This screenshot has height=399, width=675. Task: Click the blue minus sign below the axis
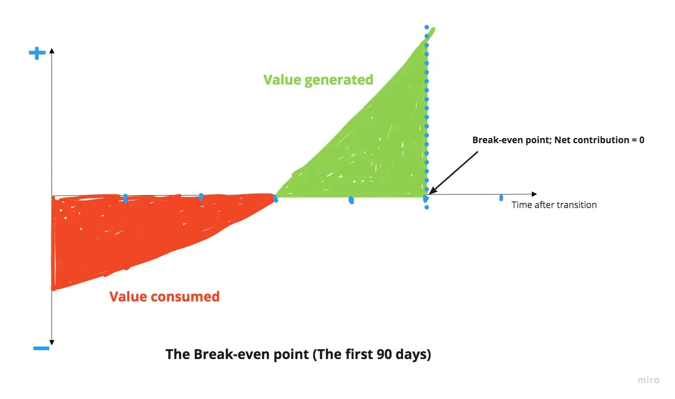(x=41, y=348)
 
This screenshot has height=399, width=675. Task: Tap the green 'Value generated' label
(x=318, y=80)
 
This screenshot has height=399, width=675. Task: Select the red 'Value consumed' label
(x=164, y=297)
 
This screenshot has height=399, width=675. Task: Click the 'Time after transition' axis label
(x=554, y=205)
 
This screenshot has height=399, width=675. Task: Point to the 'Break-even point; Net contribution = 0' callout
(x=558, y=140)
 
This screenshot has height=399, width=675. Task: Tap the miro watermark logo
(x=649, y=380)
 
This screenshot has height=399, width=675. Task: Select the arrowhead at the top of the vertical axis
(x=52, y=50)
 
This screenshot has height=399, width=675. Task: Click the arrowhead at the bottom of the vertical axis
(x=52, y=343)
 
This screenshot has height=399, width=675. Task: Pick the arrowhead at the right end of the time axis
(x=534, y=194)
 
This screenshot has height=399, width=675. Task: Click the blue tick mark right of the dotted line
(x=501, y=198)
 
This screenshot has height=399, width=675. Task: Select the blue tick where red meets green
(x=275, y=199)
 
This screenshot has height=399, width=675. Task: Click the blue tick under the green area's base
(x=351, y=200)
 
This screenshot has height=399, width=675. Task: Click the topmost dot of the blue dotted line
(x=427, y=26)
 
